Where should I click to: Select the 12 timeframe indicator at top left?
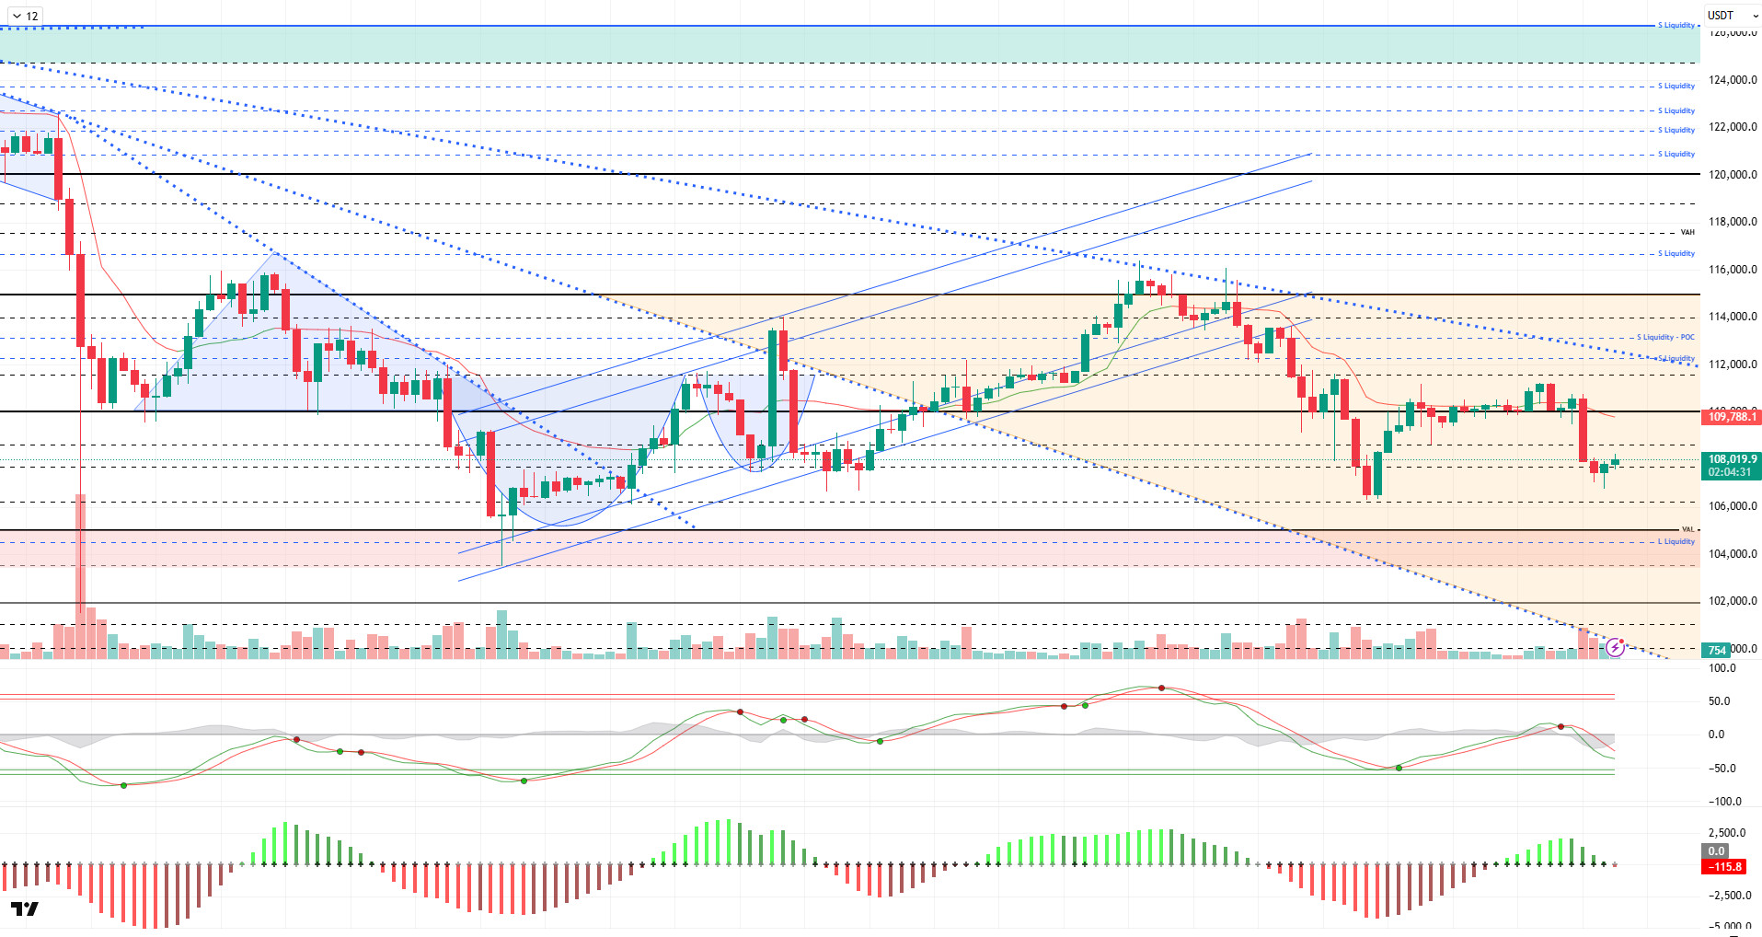click(x=25, y=16)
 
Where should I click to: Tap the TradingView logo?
click(x=26, y=909)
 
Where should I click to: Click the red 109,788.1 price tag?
click(x=1733, y=417)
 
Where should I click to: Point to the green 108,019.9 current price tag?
click(x=1733, y=459)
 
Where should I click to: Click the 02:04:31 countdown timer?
click(x=1730, y=472)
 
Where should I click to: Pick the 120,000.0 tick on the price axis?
click(x=1733, y=175)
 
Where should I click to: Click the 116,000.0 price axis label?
click(x=1733, y=270)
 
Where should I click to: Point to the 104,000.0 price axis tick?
click(x=1733, y=554)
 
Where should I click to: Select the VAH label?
click(x=1687, y=232)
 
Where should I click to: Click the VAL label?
click(x=1687, y=529)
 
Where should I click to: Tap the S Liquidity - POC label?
click(x=1665, y=337)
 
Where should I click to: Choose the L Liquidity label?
click(x=1676, y=541)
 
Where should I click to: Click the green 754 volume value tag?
click(x=1717, y=650)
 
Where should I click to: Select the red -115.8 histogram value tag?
click(x=1725, y=866)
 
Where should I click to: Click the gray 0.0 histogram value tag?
click(x=1717, y=851)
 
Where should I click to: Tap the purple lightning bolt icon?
click(x=1615, y=648)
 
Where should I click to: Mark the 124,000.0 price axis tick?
click(x=1733, y=80)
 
